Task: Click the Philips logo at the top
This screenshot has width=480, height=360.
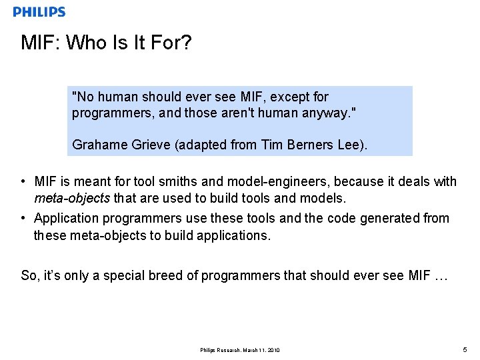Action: pos(39,12)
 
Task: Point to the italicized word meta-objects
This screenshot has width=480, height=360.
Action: pos(72,199)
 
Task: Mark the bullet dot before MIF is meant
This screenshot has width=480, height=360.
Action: pos(23,181)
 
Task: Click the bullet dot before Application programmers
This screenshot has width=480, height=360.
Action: pos(23,218)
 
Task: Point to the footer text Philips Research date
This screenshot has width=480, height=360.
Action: pos(240,350)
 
